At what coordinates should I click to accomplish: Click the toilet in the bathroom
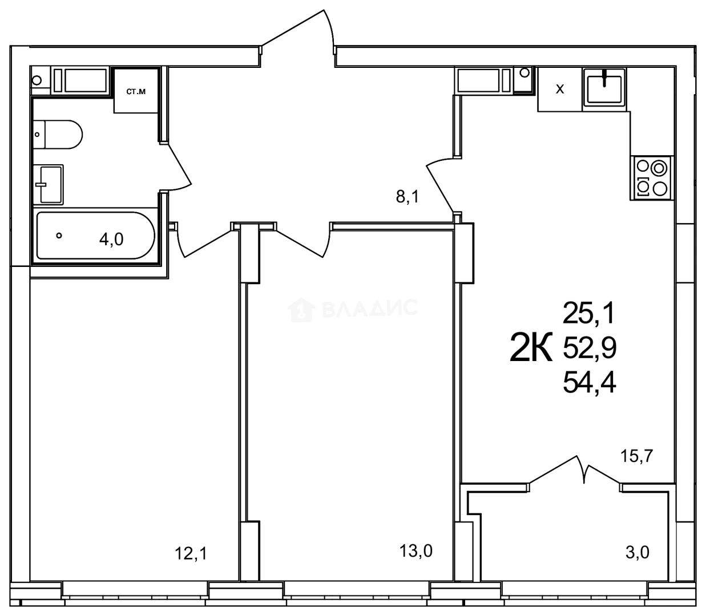(58, 135)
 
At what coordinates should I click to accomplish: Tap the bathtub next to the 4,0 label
(95, 236)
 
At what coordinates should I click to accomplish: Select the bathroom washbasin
(49, 184)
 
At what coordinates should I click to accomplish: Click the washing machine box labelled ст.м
(136, 91)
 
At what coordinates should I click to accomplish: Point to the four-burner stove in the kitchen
(651, 178)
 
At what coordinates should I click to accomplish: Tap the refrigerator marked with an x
(560, 90)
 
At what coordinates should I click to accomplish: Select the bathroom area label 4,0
(111, 239)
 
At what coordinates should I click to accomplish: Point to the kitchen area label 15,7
(636, 456)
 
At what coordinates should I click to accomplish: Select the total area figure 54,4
(590, 384)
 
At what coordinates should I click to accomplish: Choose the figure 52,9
(590, 348)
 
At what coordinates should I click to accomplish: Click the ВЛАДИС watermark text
(370, 308)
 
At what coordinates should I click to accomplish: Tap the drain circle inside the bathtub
(59, 236)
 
